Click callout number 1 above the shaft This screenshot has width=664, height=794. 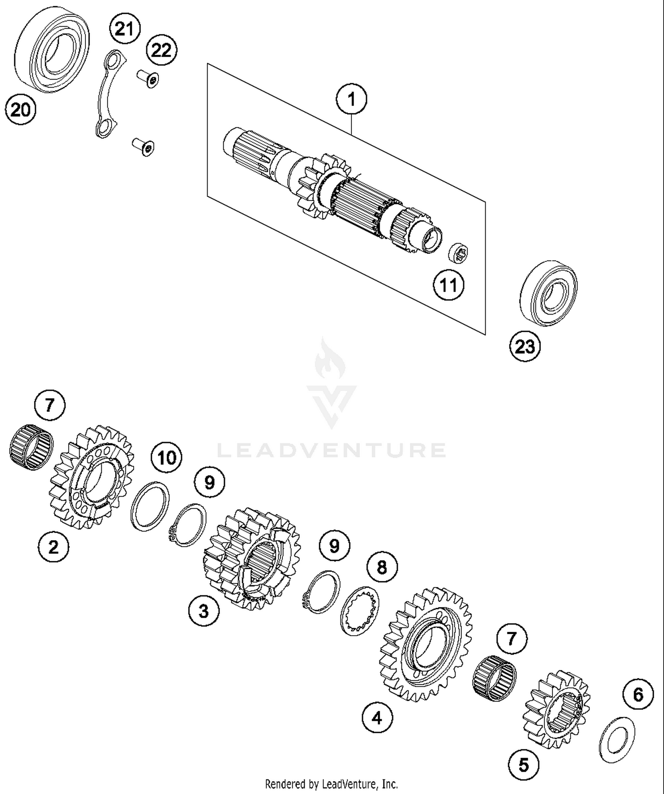351,100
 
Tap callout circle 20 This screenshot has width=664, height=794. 20,109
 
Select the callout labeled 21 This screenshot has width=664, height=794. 125,29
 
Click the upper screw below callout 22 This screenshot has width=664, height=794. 148,78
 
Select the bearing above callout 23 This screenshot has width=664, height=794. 548,294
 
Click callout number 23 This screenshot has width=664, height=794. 525,346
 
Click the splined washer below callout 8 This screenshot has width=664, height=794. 360,611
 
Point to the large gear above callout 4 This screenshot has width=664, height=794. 426,644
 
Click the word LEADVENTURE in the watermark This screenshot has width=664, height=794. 331,450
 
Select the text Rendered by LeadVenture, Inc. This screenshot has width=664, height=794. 331,784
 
